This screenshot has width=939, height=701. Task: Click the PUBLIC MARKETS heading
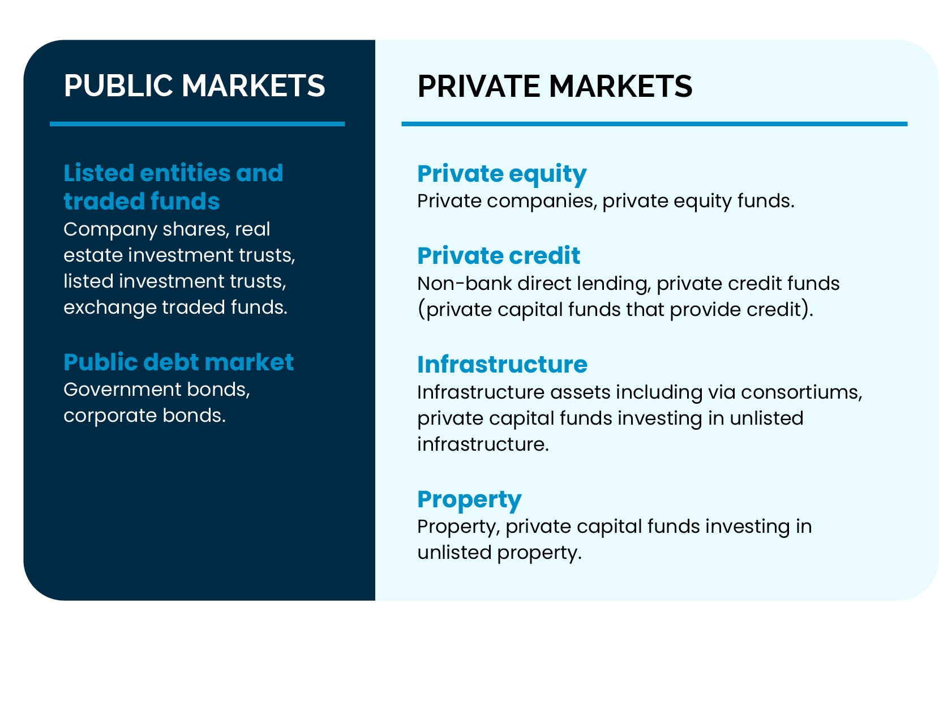pos(194,86)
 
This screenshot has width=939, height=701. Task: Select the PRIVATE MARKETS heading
pos(555,86)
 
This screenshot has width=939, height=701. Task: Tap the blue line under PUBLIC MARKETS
pos(197,124)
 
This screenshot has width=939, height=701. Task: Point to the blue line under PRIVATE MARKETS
pos(654,124)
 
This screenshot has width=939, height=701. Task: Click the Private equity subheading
pos(502,174)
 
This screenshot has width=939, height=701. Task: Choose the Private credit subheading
pos(499,256)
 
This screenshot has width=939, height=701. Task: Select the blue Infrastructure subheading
pos(502,365)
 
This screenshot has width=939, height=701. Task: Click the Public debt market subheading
pos(178,362)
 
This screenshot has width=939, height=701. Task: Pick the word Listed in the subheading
pos(99,173)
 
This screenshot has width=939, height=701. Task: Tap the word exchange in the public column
pos(110,307)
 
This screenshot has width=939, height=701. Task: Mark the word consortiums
pos(801,392)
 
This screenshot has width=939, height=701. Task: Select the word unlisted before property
pos(455,553)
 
